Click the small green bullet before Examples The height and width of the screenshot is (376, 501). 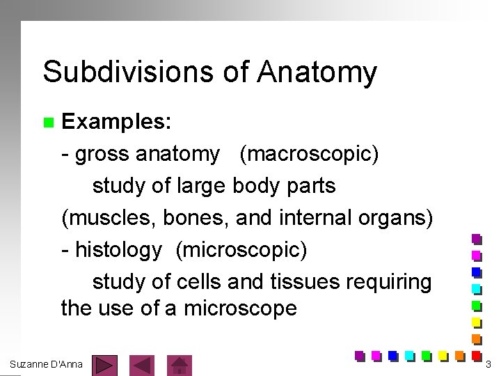pos(48,123)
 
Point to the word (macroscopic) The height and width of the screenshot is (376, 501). pos(309,154)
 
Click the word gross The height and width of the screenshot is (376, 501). pos(102,154)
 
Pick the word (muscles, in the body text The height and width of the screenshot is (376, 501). pos(109,218)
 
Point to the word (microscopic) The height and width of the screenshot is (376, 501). pos(241,249)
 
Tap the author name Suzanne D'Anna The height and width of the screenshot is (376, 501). pos(46,363)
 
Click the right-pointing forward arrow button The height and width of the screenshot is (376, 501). pos(104,364)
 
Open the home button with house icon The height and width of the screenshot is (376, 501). pos(180,364)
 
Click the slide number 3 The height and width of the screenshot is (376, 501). pos(488,364)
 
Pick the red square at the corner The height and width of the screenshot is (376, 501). pos(477,354)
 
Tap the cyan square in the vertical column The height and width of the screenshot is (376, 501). pos(477,288)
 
